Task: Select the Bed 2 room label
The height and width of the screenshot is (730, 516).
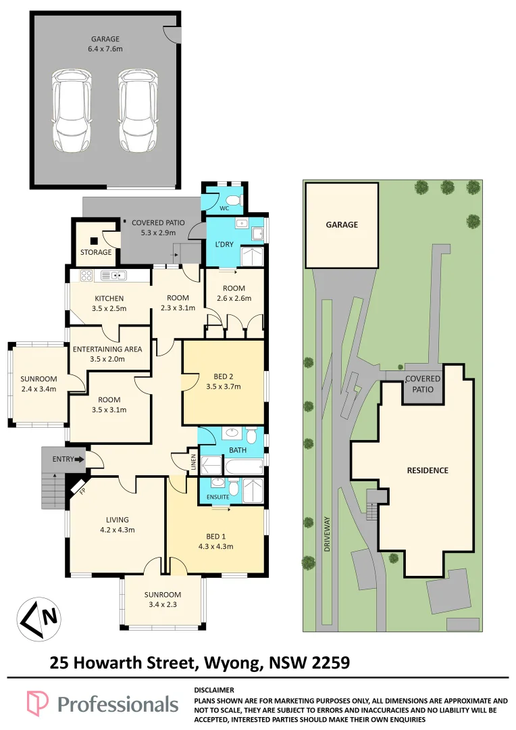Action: point(224,376)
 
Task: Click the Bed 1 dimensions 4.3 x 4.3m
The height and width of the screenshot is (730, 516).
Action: point(216,547)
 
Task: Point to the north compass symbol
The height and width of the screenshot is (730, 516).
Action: point(39,619)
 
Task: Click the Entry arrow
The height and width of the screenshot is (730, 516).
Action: point(80,460)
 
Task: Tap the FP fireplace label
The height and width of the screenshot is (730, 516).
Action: point(82,490)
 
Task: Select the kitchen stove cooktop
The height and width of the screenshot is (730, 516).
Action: point(86,276)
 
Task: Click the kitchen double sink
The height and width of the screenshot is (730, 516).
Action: point(113,276)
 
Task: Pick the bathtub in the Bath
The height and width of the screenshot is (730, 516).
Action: point(244,466)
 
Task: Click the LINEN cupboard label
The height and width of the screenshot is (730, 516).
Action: point(194,462)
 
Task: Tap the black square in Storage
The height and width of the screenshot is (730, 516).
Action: point(95,241)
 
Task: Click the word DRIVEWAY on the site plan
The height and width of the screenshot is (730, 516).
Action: point(327,534)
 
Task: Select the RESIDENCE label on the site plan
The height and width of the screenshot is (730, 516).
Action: point(428,470)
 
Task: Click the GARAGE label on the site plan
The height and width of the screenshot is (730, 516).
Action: point(342,224)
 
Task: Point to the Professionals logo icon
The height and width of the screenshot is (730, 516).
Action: point(37,704)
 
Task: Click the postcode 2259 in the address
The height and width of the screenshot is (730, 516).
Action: point(330,662)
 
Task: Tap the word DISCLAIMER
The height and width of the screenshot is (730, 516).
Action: point(214,690)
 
